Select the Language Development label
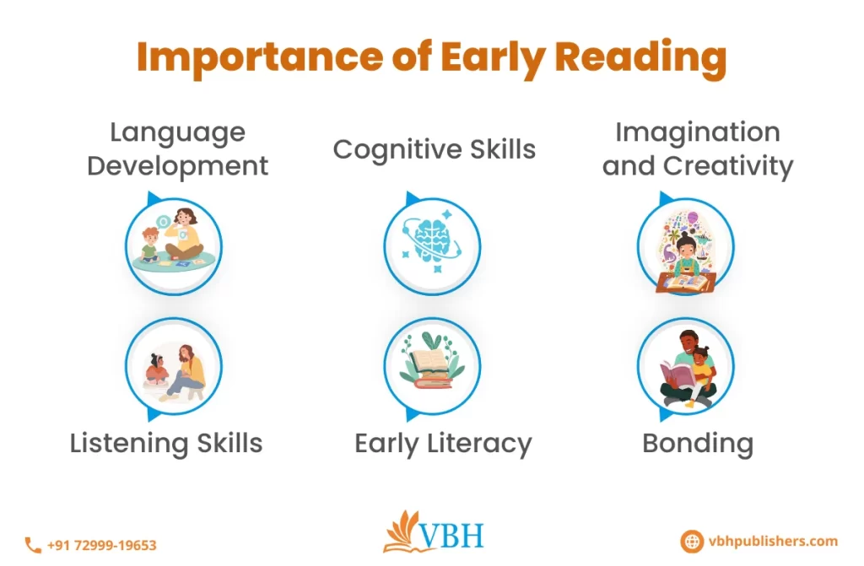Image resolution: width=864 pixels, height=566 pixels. [x=177, y=148]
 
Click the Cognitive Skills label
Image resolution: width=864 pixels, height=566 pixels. [x=434, y=149]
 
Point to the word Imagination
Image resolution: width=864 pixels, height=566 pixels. [x=697, y=132]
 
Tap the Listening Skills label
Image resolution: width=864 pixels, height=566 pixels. [x=166, y=443]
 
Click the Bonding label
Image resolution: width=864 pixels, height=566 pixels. [x=697, y=443]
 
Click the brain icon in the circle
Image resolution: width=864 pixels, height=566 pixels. [x=431, y=245]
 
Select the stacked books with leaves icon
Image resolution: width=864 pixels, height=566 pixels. [x=431, y=364]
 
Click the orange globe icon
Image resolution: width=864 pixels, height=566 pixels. [x=691, y=542]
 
